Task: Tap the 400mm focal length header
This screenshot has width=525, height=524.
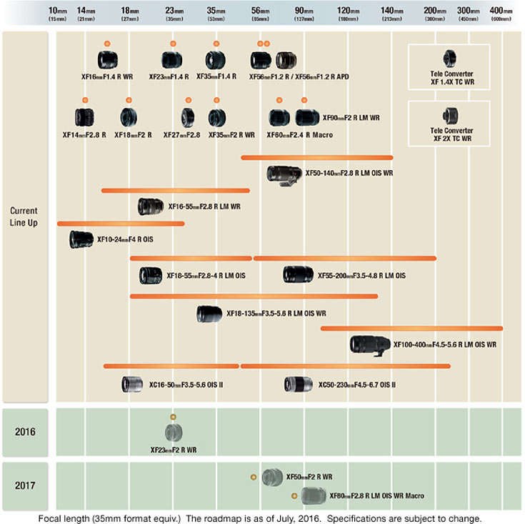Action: tap(501, 13)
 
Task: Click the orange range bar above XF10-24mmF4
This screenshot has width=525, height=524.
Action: tap(121, 224)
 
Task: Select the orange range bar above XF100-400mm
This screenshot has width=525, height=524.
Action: tap(411, 328)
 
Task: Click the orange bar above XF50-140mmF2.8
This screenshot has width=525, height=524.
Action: tap(316, 157)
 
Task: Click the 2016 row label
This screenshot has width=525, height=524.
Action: tap(24, 432)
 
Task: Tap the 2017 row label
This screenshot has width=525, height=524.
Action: tap(24, 485)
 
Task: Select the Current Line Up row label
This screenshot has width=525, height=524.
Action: tap(24, 217)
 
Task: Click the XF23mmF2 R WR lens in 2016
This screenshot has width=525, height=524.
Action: tap(174, 432)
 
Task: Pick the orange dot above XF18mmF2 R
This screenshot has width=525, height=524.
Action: tap(129, 100)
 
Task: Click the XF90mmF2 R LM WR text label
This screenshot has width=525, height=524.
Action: tap(351, 117)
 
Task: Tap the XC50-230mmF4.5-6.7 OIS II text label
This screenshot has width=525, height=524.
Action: tap(356, 385)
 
